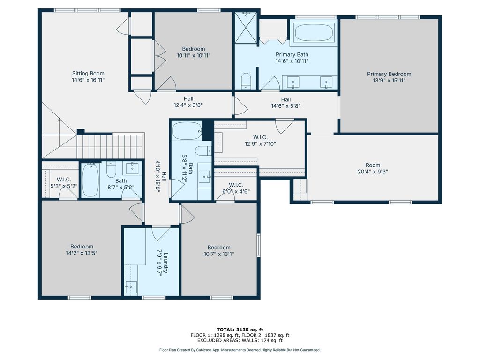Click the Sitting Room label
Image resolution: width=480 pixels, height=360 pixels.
88,76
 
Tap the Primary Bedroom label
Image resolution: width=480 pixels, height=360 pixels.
389,77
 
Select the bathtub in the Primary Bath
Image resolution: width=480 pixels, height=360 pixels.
314,32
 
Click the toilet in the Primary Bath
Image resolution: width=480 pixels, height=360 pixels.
246,81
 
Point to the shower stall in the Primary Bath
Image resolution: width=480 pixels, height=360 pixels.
246,28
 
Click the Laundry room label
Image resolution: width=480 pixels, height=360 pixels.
162,262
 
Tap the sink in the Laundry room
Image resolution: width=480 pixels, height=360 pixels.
131,287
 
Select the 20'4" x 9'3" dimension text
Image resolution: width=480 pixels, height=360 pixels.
373,172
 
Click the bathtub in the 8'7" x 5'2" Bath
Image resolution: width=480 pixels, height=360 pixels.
90,180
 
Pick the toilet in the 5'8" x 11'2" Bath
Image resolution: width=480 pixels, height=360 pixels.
203,150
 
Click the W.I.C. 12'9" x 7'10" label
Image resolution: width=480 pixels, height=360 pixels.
260,141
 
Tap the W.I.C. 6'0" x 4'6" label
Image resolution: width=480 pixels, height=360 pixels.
236,188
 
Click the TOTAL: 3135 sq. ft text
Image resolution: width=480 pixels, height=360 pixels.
240,330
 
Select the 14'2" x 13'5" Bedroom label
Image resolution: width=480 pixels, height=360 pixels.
82,250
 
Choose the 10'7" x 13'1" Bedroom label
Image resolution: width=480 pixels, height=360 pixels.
219,251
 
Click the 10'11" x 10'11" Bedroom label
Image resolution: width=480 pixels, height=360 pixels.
194,52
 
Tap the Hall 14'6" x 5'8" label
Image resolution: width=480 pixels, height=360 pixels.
286,103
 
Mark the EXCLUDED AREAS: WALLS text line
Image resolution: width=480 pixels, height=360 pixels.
240,340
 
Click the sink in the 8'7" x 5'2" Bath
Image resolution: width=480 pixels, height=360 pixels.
132,168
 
